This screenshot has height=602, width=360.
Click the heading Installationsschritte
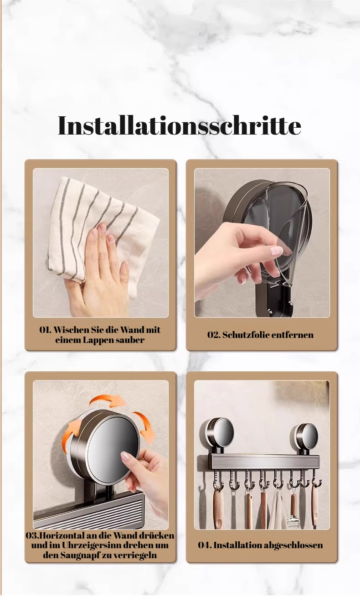pos(180,126)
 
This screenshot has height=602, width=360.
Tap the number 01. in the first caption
pos(46,330)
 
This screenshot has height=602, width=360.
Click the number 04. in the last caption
pos(205,545)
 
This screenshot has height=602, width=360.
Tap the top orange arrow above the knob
pos(108,400)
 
